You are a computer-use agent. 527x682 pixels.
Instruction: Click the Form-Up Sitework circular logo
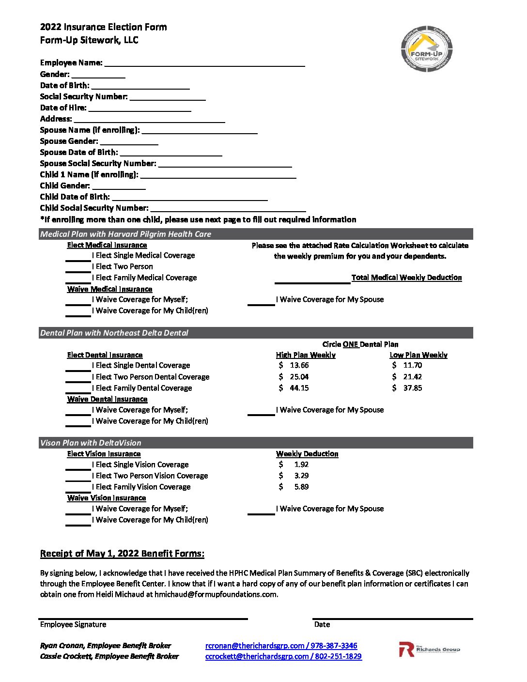click(426, 49)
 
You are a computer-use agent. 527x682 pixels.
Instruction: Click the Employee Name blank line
click(204, 63)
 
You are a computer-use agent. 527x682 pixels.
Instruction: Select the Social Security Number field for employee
click(168, 97)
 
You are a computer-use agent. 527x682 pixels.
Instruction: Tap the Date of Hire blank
click(139, 108)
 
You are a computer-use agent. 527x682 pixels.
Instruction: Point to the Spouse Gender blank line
click(129, 141)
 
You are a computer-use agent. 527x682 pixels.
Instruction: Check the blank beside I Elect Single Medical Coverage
click(78, 256)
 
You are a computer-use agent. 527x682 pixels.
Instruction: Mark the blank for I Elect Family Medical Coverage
click(78, 279)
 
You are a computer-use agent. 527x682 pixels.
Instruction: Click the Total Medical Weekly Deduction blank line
click(312, 279)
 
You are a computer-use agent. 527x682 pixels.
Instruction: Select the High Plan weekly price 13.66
click(299, 366)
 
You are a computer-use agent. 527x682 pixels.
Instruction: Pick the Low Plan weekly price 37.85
click(412, 388)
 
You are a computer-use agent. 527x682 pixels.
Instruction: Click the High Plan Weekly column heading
click(306, 355)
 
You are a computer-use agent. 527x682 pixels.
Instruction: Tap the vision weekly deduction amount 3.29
click(301, 476)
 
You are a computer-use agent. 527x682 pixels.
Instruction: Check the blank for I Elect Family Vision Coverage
click(78, 488)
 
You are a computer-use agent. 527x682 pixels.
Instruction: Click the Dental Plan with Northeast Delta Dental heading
click(114, 333)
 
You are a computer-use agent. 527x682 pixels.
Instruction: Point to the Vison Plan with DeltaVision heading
click(91, 443)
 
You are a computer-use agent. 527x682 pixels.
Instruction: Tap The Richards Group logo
click(429, 650)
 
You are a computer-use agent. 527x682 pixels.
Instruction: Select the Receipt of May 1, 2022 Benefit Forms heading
click(122, 554)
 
